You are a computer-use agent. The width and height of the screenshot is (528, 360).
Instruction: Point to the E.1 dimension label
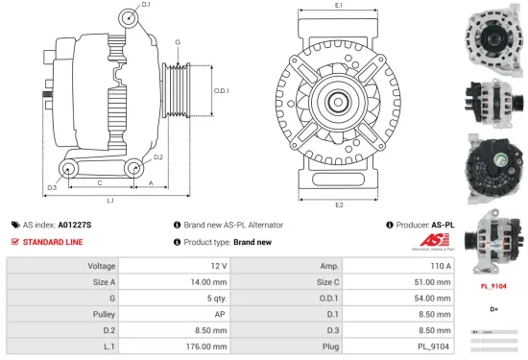pos(339,6)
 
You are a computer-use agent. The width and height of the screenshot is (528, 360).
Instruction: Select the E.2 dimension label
pos(339,204)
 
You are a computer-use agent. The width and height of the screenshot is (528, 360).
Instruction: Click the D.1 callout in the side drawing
pos(146,6)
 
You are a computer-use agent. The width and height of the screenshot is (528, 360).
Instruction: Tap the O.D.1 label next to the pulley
pos(221,91)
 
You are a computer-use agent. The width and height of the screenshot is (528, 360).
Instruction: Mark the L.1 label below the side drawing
pos(110,201)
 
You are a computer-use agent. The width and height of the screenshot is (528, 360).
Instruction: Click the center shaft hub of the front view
pos(339,101)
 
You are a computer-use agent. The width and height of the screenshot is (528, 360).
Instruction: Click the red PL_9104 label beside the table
pos(493,286)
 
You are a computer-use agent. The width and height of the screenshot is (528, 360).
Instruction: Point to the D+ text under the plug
pos(493,309)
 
